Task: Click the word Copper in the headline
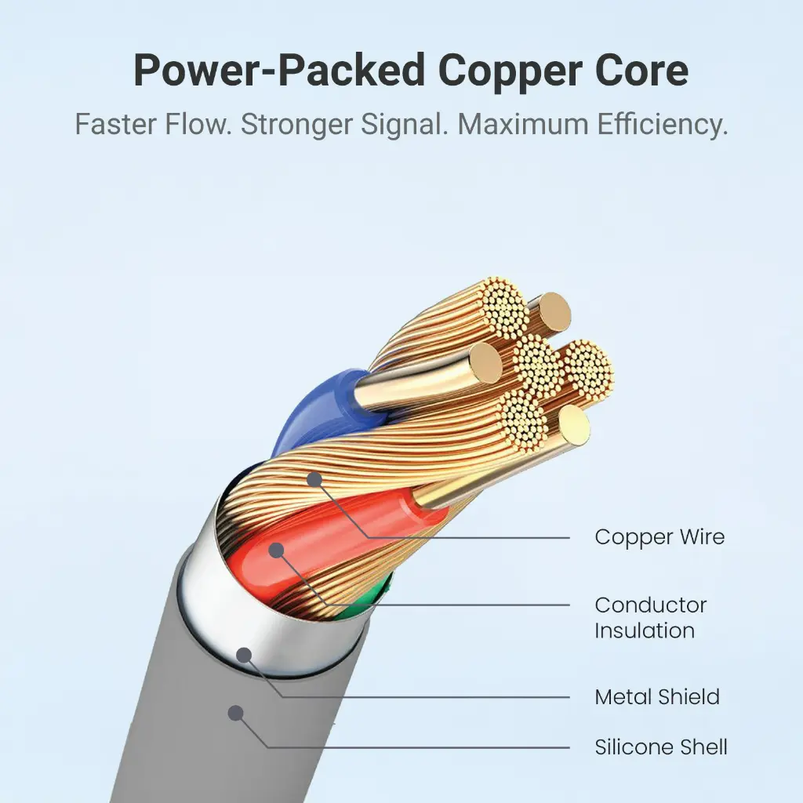(x=511, y=71)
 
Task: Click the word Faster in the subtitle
(x=116, y=124)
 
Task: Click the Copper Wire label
(x=659, y=537)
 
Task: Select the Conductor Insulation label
(x=650, y=618)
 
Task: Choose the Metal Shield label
(x=657, y=697)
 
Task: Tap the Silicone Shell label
(x=660, y=747)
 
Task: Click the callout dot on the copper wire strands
(x=314, y=480)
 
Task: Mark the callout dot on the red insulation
(x=277, y=550)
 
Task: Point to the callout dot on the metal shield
(x=245, y=655)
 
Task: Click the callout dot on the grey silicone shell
(x=235, y=713)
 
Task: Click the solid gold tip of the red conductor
(x=574, y=424)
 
